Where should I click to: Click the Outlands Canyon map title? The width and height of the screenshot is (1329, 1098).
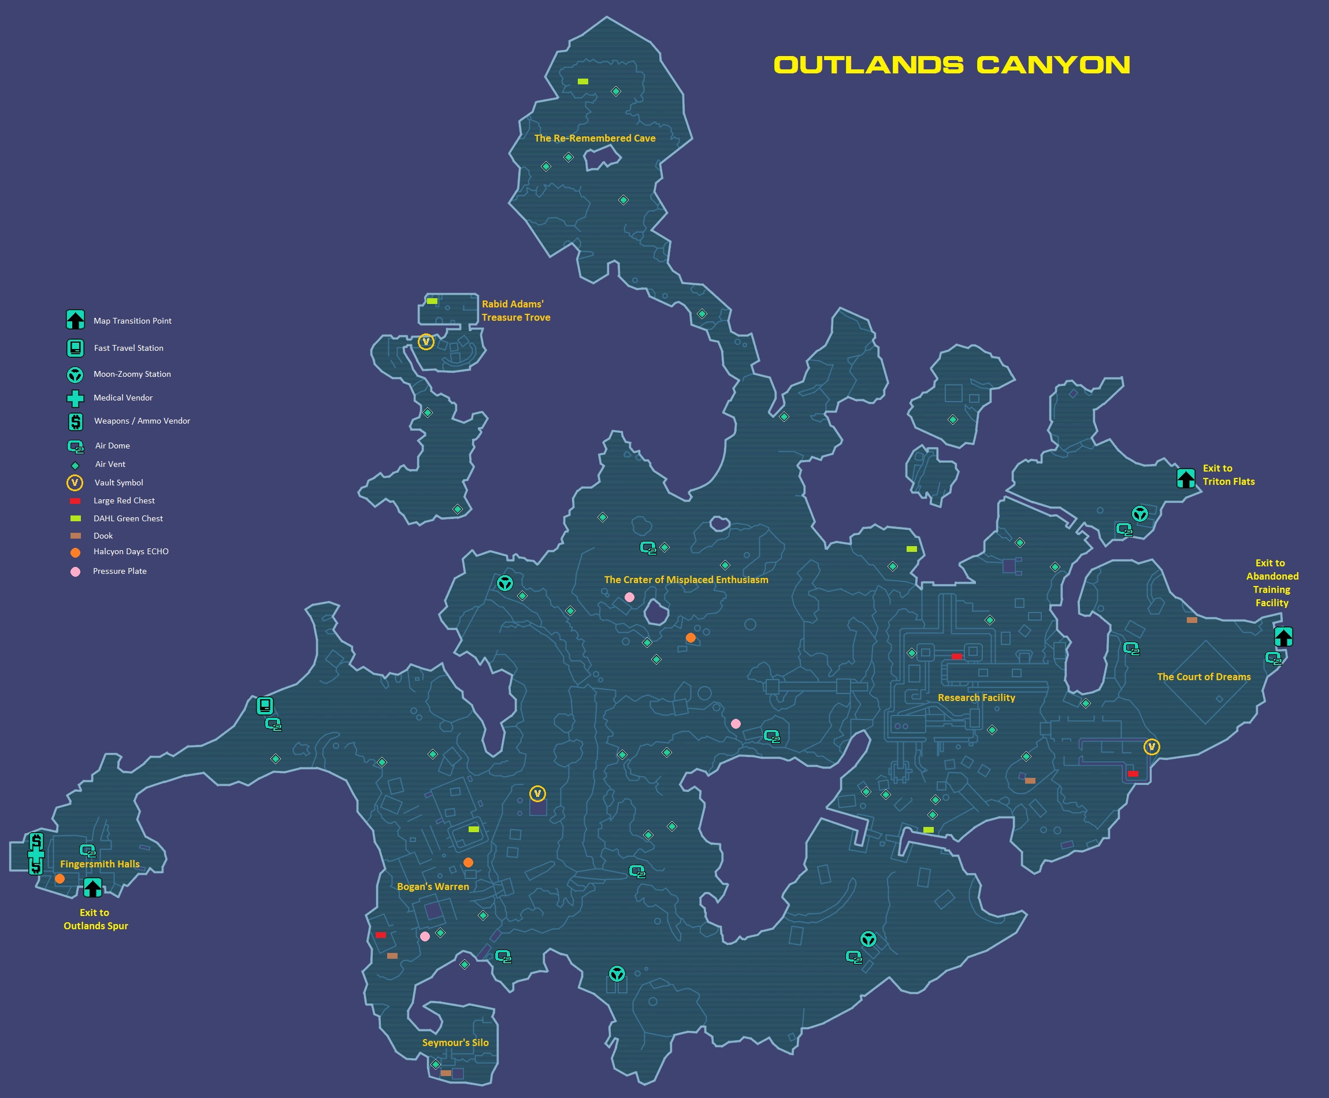point(952,65)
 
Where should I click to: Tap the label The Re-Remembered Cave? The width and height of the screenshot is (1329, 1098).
point(595,138)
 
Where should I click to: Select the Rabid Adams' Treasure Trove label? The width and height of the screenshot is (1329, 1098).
point(515,310)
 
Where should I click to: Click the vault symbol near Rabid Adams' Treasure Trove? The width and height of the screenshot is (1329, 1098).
point(426,342)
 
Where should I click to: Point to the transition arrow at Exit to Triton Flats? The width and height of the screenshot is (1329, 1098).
point(1186,478)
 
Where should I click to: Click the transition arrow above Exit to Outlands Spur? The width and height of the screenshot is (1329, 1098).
point(92,888)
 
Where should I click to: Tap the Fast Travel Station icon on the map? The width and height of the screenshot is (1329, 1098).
point(265,705)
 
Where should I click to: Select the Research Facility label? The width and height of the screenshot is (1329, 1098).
point(976,698)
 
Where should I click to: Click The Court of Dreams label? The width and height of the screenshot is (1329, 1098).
point(1204,677)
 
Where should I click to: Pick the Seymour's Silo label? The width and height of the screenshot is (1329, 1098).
point(455,1043)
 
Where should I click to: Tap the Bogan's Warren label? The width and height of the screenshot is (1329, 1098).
point(433,886)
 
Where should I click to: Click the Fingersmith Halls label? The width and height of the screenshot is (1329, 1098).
point(100,864)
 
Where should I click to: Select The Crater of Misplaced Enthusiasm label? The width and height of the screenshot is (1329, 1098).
point(686,580)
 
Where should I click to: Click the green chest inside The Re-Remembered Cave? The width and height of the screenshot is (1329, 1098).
point(583,81)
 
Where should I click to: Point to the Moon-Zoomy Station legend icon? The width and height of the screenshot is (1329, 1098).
point(75,374)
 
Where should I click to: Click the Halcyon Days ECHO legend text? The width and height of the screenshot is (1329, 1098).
point(131,551)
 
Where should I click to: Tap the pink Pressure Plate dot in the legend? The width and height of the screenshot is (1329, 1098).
point(75,572)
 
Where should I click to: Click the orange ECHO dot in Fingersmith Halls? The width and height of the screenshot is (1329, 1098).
point(60,878)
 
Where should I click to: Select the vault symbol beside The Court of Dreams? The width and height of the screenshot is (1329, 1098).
point(1152,747)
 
